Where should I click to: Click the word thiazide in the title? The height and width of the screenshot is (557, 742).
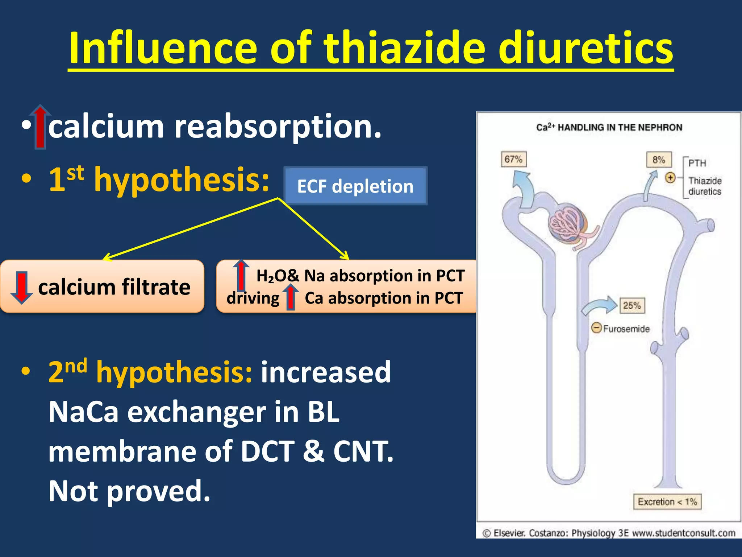pyautogui.click(x=404, y=48)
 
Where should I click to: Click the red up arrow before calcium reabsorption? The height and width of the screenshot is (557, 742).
pyautogui.click(x=40, y=127)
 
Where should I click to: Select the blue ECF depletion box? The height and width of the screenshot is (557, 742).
pyautogui.click(x=355, y=186)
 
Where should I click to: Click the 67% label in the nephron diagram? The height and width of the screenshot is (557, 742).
pyautogui.click(x=513, y=159)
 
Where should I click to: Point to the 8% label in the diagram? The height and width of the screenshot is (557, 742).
pyautogui.click(x=659, y=160)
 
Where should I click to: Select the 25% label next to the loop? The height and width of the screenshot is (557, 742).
pyautogui.click(x=632, y=305)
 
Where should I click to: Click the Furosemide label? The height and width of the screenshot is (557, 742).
pyautogui.click(x=626, y=329)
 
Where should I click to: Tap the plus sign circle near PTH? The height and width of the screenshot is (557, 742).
pyautogui.click(x=670, y=178)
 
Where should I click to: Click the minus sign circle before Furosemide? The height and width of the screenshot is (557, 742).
pyautogui.click(x=596, y=328)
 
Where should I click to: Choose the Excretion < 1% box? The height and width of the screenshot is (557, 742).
pyautogui.click(x=667, y=502)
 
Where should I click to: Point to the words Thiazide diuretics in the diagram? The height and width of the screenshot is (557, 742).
pyautogui.click(x=704, y=186)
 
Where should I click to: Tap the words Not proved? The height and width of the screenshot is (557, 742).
pyautogui.click(x=129, y=491)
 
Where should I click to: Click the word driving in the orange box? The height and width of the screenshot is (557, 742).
pyautogui.click(x=253, y=298)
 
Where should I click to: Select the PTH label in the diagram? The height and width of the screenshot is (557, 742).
pyautogui.click(x=697, y=163)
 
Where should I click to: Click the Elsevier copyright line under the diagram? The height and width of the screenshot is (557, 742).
pyautogui.click(x=609, y=533)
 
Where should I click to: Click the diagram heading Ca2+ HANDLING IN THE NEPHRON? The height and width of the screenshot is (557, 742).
pyautogui.click(x=609, y=127)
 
